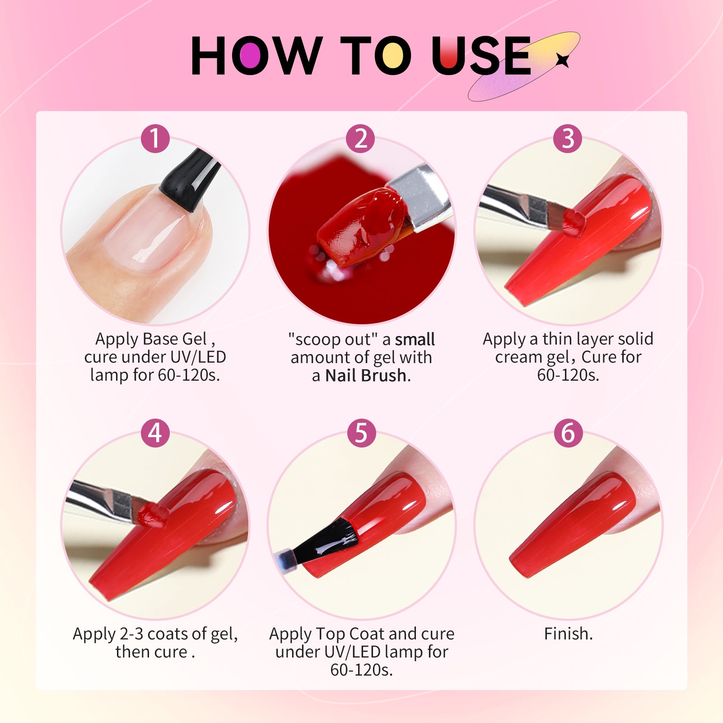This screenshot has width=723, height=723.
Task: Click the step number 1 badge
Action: coord(155,138)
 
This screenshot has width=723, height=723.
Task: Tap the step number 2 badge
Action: coord(360,138)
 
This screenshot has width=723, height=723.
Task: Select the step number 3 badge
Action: coord(568,138)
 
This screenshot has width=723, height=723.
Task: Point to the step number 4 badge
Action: coord(155,433)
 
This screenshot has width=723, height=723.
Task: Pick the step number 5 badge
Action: coord(361,433)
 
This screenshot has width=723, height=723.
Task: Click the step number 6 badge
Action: coord(568,433)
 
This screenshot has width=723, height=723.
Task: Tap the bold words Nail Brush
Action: coord(366,375)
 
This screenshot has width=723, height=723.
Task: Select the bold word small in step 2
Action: coord(415,339)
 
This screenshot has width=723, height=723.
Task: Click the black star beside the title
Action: coord(562,60)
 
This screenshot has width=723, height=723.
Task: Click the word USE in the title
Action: coord(481,56)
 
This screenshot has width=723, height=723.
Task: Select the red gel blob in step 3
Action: coord(574,223)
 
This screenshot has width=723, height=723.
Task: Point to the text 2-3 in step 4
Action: coord(131,634)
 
